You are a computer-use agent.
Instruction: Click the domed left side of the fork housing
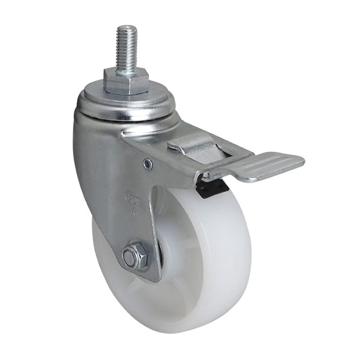(88, 153)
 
